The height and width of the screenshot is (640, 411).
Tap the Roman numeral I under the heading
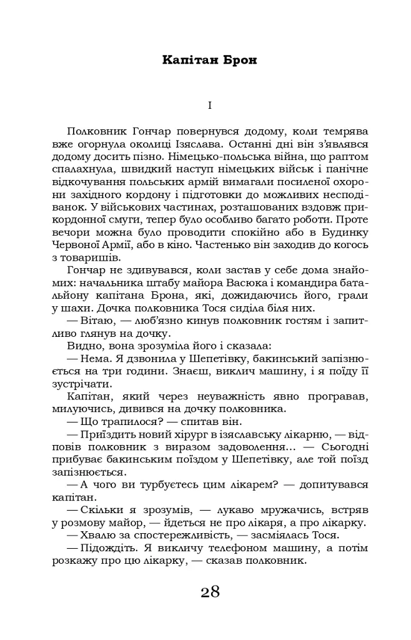pos(210,106)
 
